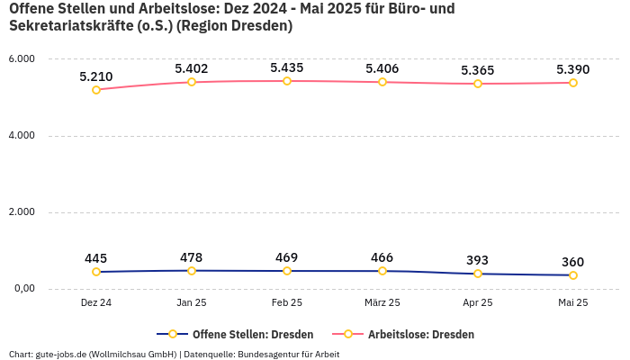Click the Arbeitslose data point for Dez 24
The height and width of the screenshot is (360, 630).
click(x=96, y=89)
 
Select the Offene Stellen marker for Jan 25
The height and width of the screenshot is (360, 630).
click(x=192, y=270)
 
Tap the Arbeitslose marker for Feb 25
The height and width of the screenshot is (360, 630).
click(x=287, y=81)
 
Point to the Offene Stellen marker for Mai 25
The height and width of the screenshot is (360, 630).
click(x=573, y=274)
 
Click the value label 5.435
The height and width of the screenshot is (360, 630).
click(x=287, y=67)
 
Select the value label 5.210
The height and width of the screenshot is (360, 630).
click(x=96, y=76)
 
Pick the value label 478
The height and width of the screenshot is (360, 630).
click(x=192, y=256)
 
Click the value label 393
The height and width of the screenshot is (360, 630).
click(x=478, y=259)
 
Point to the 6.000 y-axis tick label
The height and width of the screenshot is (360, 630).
click(x=21, y=59)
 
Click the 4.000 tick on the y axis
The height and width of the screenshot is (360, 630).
click(x=21, y=136)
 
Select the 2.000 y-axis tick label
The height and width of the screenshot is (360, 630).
click(x=21, y=212)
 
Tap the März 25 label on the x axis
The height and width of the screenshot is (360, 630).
click(x=382, y=303)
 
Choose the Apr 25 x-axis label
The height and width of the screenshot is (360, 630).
click(x=478, y=303)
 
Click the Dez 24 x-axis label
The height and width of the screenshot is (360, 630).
click(x=96, y=303)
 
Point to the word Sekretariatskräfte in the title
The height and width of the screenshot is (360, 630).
click(x=67, y=26)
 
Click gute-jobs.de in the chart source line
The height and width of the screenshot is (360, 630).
click(x=66, y=354)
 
